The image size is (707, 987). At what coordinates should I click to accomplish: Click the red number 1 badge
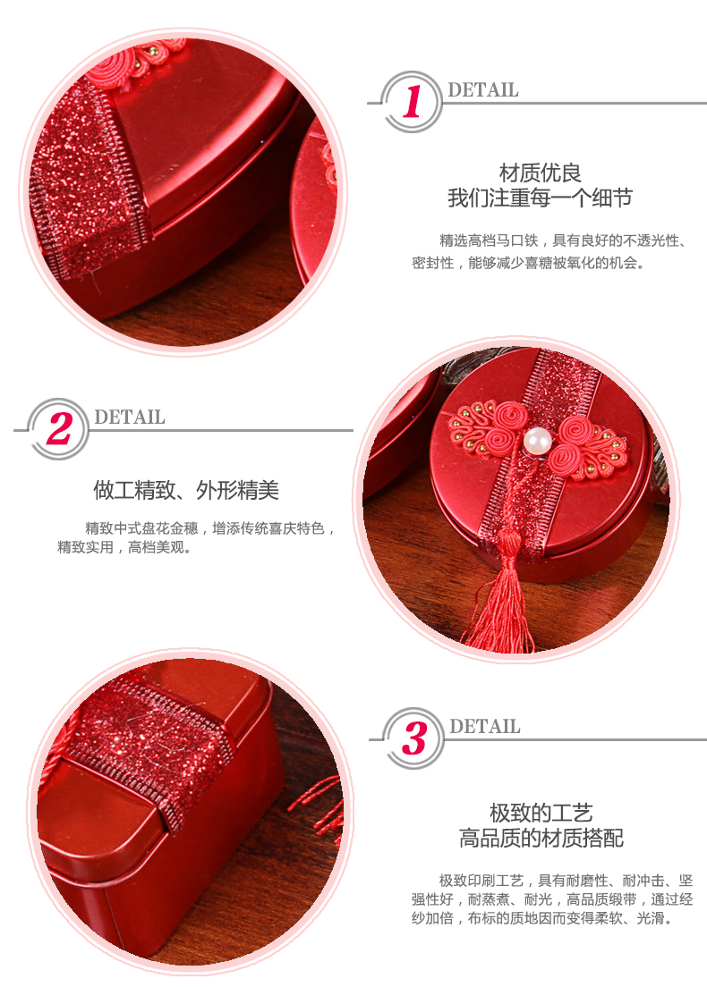(412, 102)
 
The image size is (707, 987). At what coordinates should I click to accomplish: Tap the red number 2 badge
(58, 429)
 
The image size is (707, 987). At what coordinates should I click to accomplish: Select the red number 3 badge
(413, 738)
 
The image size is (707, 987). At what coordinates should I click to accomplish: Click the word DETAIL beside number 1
(482, 90)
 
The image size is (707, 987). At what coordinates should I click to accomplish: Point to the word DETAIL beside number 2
(129, 417)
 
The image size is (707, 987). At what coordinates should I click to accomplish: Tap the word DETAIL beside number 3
(484, 727)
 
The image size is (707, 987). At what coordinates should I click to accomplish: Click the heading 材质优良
(540, 173)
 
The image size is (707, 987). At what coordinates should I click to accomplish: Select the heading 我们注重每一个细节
(540, 198)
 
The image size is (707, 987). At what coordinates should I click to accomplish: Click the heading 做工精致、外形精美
(186, 490)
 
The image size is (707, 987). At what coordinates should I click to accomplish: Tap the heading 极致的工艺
(541, 813)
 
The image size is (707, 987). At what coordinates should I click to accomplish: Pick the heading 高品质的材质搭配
(541, 839)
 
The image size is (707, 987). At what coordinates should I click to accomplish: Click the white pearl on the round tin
(538, 441)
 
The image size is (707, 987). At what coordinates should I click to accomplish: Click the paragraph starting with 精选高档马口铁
(549, 251)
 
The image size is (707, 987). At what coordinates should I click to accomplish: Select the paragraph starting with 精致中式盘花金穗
(197, 537)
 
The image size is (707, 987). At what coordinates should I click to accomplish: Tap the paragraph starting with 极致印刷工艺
(552, 898)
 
